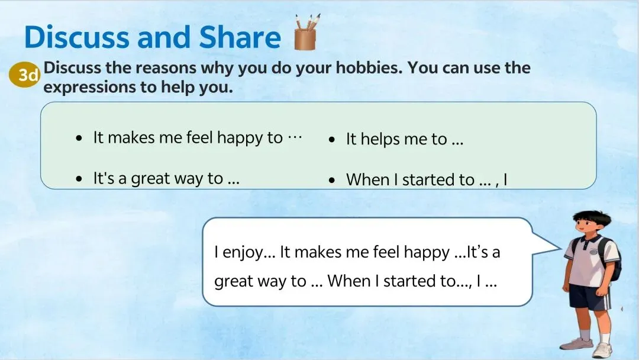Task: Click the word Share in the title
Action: click(x=240, y=37)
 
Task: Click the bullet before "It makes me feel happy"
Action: click(x=79, y=139)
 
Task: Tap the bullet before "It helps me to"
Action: click(x=332, y=140)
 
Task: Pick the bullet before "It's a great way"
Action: click(x=79, y=179)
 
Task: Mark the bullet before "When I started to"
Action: click(x=332, y=180)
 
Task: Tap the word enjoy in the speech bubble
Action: click(x=244, y=252)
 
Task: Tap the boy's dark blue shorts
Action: click(x=590, y=297)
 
